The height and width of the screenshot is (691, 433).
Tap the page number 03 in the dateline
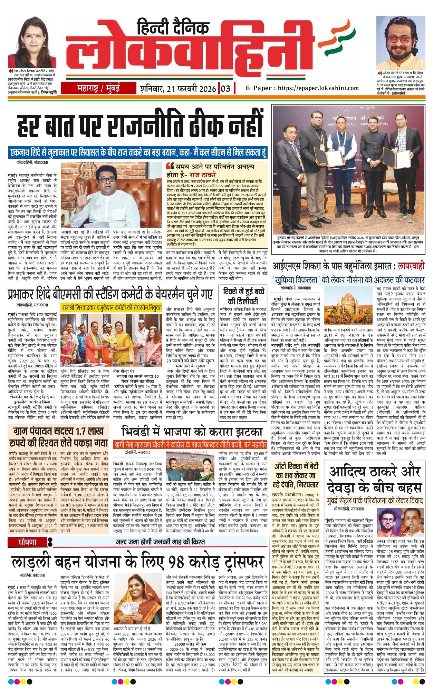pos(225,88)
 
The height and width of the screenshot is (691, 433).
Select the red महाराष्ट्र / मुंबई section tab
pos(98,88)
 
